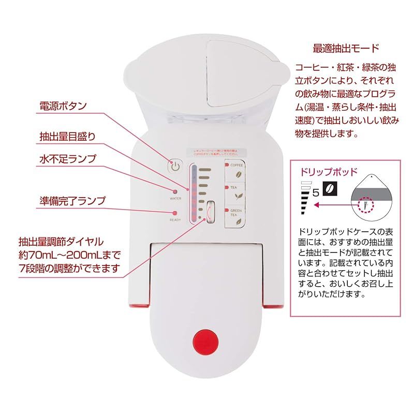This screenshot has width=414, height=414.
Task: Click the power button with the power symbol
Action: point(175,167)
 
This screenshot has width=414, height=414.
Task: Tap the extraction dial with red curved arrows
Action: point(210,212)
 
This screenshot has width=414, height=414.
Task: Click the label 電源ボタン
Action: point(63,106)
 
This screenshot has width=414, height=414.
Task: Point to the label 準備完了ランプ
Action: point(72,200)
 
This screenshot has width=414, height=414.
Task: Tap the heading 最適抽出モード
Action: point(346,49)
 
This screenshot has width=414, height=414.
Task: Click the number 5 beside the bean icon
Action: point(315,193)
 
